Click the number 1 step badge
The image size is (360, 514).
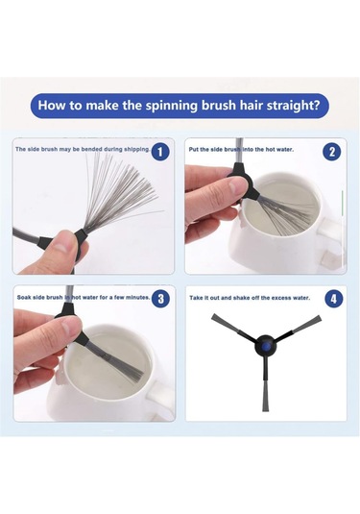pos(160,152)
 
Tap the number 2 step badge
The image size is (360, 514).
pos(332,152)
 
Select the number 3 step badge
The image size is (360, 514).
pos(161,299)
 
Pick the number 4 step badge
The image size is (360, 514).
pos(333,299)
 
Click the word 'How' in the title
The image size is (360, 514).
pos(49,106)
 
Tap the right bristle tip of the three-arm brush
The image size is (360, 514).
pos(319,318)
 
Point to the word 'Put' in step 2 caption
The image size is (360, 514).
pos(194,150)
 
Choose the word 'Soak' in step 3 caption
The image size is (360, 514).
pos(24,297)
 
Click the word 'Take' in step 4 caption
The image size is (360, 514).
pos(196,298)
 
